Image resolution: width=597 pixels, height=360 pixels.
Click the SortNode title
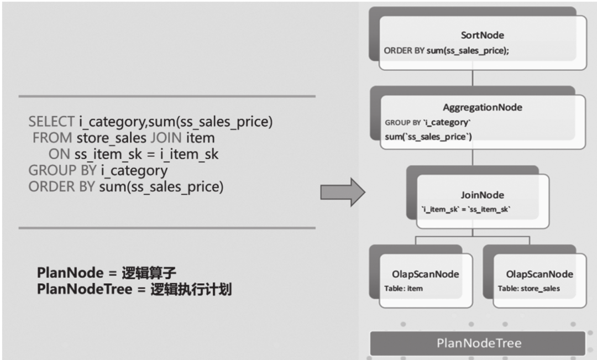tap(483, 35)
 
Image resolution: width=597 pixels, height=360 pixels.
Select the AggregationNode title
tap(483, 107)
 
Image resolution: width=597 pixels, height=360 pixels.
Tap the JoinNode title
tap(482, 195)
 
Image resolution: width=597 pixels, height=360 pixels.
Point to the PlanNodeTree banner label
tap(479, 343)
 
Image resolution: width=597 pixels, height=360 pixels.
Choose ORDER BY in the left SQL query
tap(61, 187)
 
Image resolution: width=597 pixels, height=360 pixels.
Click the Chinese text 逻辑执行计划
tap(191, 289)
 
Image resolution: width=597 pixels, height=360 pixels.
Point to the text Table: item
tap(404, 289)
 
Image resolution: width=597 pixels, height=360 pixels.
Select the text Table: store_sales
tap(528, 289)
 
